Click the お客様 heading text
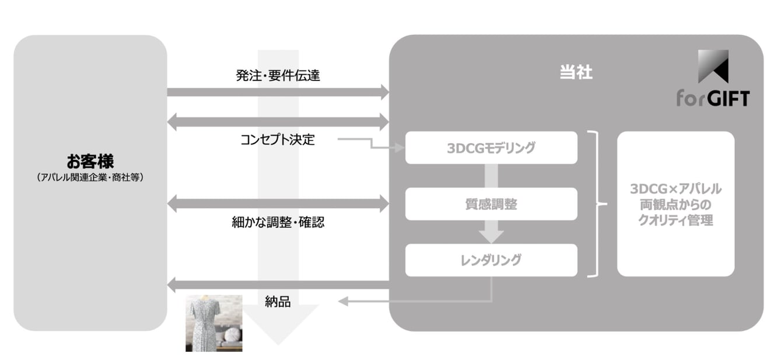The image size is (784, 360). pyautogui.click(x=90, y=161)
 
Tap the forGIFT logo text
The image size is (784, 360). pyautogui.click(x=712, y=97)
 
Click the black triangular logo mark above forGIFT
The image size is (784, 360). pyautogui.click(x=713, y=65)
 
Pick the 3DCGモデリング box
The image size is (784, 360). pyautogui.click(x=491, y=148)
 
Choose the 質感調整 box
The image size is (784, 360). pyautogui.click(x=491, y=204)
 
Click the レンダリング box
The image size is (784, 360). pyautogui.click(x=491, y=260)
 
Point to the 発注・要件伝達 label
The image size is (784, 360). pyautogui.click(x=278, y=75)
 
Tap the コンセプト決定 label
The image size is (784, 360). pyautogui.click(x=278, y=140)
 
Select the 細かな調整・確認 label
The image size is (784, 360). pyautogui.click(x=278, y=222)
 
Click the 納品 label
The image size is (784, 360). pyautogui.click(x=278, y=302)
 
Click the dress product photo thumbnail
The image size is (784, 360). pyautogui.click(x=213, y=323)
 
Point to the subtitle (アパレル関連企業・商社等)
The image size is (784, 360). pyautogui.click(x=90, y=177)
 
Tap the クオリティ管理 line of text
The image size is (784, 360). pyautogui.click(x=675, y=221)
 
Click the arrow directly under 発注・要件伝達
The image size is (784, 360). pyautogui.click(x=278, y=92)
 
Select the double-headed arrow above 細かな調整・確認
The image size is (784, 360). pyautogui.click(x=278, y=204)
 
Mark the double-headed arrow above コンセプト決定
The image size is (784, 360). pyautogui.click(x=278, y=122)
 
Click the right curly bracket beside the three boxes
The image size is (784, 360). pyautogui.click(x=596, y=204)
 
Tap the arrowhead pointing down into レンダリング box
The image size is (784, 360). pyautogui.click(x=491, y=236)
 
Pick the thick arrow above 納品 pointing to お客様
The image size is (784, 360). pyautogui.click(x=278, y=285)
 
